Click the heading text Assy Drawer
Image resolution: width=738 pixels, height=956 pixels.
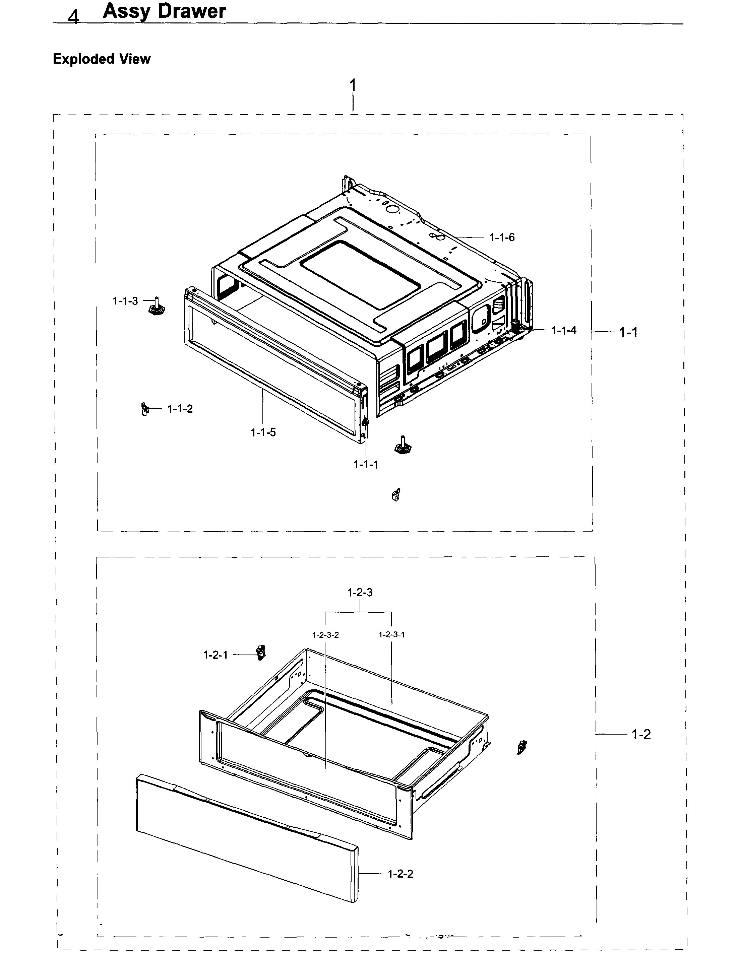coord(164,11)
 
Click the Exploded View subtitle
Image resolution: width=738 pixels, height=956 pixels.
coord(102,59)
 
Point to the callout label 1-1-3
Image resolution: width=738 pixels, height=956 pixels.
coord(125,301)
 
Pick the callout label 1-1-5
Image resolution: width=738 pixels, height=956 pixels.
coord(263,432)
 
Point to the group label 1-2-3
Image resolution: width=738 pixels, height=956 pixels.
coord(360,592)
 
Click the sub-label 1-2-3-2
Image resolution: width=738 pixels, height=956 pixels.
coord(325,635)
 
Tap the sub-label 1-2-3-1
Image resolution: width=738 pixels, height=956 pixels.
coord(391,634)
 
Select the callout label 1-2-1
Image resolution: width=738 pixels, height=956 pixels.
coord(216,655)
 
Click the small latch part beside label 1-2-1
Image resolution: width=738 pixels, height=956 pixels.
coord(261,652)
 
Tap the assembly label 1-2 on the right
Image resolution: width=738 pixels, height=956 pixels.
coord(641,735)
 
